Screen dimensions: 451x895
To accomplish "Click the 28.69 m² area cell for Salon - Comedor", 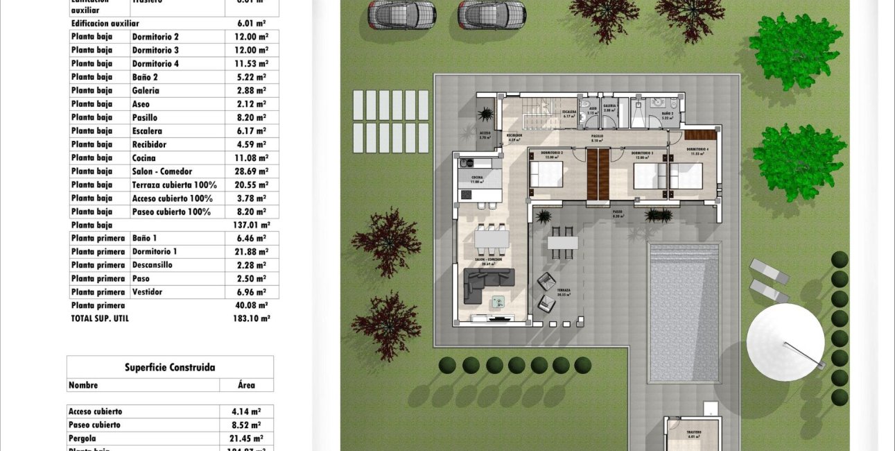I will [252, 171].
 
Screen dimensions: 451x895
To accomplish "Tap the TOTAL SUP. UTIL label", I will [100, 318].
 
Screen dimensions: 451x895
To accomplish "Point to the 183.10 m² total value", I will [252, 318].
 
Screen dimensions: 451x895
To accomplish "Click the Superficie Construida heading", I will [170, 367].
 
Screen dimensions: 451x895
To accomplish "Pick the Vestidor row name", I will [147, 292].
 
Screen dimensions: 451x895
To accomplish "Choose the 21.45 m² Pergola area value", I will [246, 439].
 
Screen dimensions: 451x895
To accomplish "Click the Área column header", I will [246, 385].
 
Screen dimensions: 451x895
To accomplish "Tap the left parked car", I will [401, 13].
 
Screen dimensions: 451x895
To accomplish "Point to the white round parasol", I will [785, 341].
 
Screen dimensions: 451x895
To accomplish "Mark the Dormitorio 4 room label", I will [697, 150].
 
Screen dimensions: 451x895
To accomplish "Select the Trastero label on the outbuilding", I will [694, 432].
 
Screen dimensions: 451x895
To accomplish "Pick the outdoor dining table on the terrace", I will [562, 243].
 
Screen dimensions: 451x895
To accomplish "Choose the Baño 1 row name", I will [144, 238].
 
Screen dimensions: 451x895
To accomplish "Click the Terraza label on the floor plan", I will [562, 291].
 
